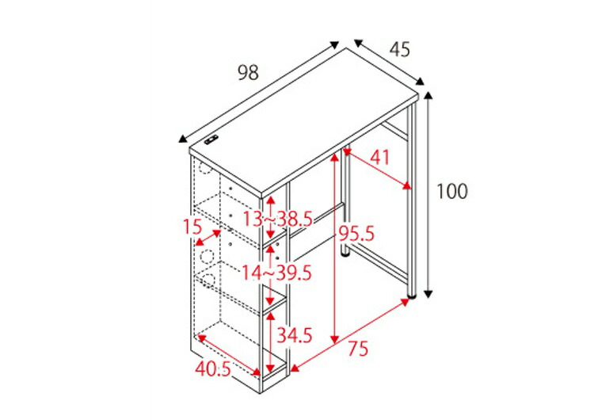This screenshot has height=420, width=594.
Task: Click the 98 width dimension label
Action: [x=248, y=72]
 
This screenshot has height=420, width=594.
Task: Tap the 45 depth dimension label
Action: [x=400, y=49]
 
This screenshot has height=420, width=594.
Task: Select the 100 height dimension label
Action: [x=452, y=192]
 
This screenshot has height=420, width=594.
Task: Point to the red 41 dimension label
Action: [x=379, y=158]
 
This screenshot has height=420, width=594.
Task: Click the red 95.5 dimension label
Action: [x=356, y=234]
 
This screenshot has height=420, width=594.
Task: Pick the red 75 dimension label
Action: [x=358, y=349]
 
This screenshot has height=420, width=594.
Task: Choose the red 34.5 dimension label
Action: [x=295, y=335]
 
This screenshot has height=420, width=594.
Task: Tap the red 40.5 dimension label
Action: [x=213, y=368]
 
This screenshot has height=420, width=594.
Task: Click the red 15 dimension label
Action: [x=192, y=227]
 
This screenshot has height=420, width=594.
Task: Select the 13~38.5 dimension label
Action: [x=277, y=219]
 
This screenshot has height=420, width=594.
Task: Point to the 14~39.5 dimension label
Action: [x=276, y=273]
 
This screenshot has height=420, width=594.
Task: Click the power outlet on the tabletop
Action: [x=211, y=140]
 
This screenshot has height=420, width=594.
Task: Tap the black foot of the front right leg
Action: [x=411, y=295]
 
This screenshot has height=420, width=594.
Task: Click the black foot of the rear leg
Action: [x=345, y=254]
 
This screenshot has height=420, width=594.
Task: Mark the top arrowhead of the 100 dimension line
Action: [x=428, y=95]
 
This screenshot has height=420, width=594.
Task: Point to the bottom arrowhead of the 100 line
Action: [x=428, y=294]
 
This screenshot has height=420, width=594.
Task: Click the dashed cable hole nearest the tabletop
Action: [x=204, y=169]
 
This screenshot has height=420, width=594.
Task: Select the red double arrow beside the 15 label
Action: [x=208, y=238]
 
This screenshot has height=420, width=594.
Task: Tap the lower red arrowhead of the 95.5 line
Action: [x=334, y=340]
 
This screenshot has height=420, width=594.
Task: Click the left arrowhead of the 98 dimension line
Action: [x=183, y=139]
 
